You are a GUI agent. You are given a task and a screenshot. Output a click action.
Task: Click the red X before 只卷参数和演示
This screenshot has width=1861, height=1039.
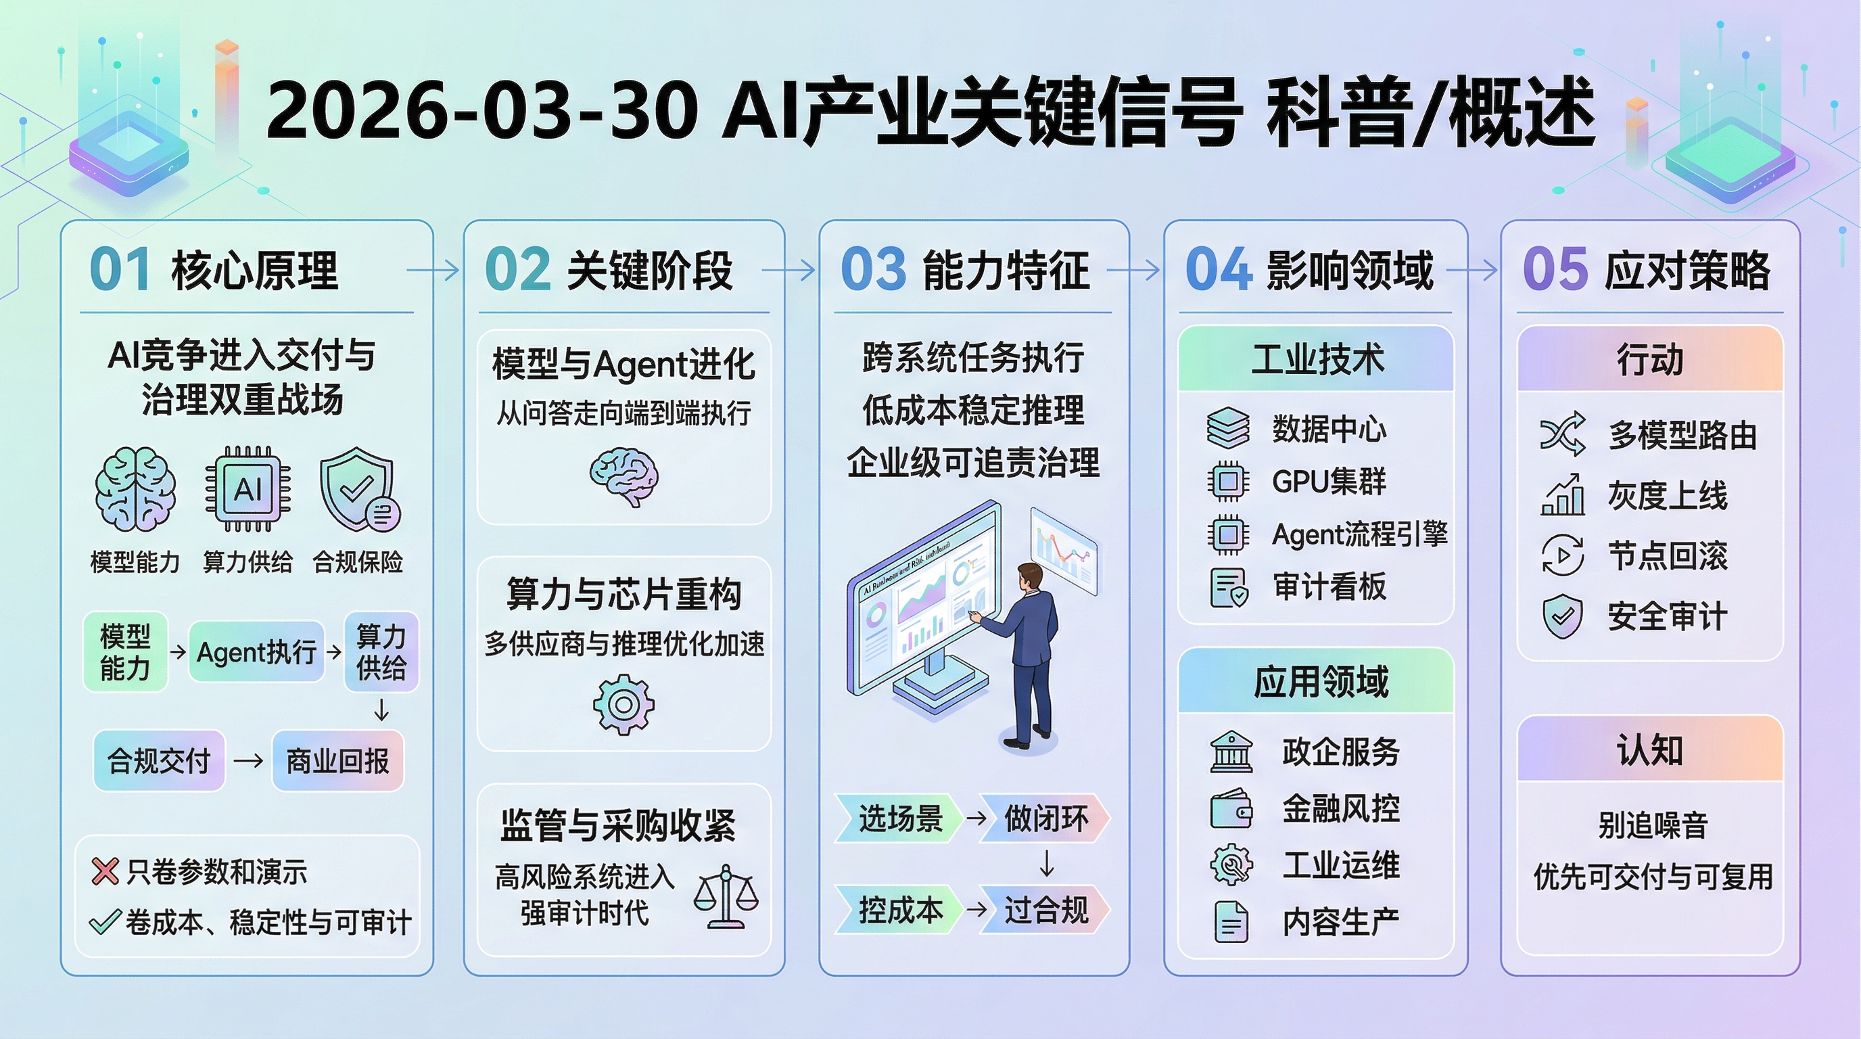(x=105, y=871)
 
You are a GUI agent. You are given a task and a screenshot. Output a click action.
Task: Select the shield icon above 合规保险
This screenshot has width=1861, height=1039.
(x=358, y=490)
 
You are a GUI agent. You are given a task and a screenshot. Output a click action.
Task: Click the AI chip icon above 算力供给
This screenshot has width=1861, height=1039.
(x=248, y=489)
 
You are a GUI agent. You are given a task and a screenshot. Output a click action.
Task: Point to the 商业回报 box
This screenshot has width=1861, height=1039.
(x=337, y=761)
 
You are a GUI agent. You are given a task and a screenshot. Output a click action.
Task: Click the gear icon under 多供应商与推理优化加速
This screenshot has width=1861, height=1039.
(x=623, y=704)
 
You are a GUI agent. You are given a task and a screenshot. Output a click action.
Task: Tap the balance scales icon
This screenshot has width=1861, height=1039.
(x=726, y=896)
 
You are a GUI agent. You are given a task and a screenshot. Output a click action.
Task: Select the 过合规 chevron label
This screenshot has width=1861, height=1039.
(x=1045, y=910)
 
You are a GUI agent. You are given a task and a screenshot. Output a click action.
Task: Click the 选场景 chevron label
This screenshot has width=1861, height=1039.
(x=899, y=818)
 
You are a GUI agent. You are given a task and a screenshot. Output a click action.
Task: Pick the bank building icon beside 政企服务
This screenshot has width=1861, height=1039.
(x=1231, y=752)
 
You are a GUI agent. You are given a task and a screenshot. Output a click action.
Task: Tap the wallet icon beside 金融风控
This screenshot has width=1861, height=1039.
(x=1231, y=808)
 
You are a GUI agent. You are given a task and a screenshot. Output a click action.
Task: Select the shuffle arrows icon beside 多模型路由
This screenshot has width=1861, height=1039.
(x=1562, y=434)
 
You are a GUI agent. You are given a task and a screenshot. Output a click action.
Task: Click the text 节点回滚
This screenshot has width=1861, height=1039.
(x=1668, y=555)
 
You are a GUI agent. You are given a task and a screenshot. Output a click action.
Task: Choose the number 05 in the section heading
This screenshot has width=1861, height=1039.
(x=1555, y=269)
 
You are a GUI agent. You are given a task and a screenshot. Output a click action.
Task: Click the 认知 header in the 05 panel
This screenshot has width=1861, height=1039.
(x=1650, y=749)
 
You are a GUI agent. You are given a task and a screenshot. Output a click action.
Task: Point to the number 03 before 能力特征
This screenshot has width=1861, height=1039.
(x=873, y=269)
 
